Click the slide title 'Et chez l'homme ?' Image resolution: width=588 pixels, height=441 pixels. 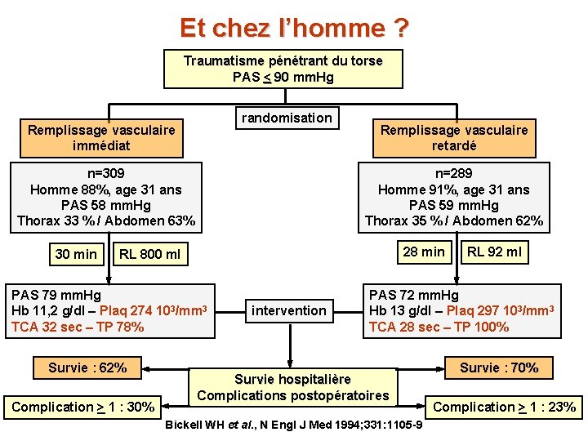(294, 29)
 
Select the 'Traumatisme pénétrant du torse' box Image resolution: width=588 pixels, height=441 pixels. (283, 69)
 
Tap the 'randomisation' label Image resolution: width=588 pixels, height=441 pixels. (287, 118)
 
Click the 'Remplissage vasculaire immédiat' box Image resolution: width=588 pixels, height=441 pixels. (101, 138)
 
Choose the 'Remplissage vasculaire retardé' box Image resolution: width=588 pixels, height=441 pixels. (454, 138)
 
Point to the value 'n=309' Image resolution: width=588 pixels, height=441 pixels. (107, 174)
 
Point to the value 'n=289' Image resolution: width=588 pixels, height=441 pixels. (453, 174)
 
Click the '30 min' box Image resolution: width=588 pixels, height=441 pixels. (76, 254)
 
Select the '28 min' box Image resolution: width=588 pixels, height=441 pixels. (424, 252)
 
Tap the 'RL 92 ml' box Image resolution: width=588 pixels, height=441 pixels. (494, 252)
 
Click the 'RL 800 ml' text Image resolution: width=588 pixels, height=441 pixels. (149, 255)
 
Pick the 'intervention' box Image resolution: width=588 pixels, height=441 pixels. (289, 310)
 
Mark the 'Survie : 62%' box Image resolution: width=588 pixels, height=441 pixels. (87, 367)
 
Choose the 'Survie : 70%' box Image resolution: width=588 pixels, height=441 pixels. (499, 367)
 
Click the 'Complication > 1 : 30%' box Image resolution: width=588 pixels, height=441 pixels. (84, 407)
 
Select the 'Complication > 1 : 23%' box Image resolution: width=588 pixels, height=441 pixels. (504, 407)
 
